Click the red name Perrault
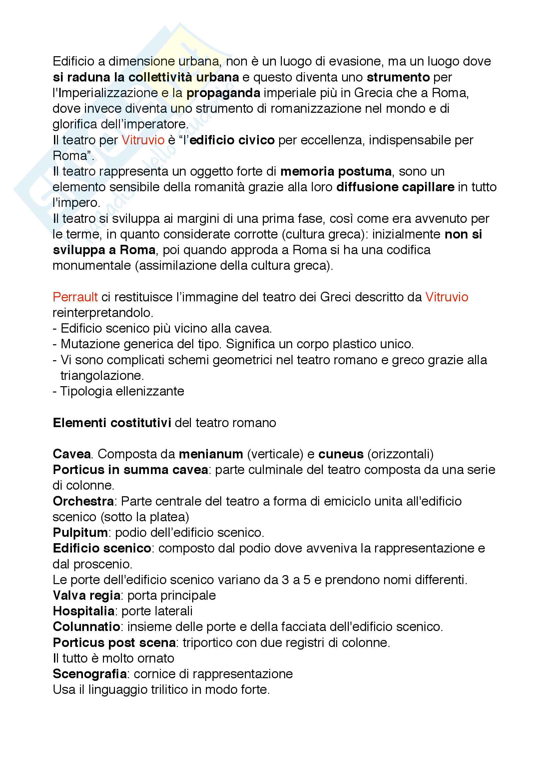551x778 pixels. [75, 297]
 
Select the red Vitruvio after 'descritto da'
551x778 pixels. [446, 297]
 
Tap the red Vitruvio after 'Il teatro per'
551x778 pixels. [143, 140]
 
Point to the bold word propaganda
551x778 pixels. [223, 93]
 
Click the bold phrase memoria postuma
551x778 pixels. [336, 171]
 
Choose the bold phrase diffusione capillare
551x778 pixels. [395, 187]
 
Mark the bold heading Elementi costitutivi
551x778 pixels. [112, 422]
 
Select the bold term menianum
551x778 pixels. [211, 454]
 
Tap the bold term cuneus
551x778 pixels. [341, 454]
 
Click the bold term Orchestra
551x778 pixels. [84, 501]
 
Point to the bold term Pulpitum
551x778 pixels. [80, 532]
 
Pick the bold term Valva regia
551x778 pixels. [87, 595]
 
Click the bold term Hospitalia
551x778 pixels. [84, 611]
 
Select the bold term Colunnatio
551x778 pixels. [87, 627]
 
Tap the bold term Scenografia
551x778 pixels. [90, 674]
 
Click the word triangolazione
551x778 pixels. [102, 376]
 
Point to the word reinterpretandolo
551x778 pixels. [103, 312]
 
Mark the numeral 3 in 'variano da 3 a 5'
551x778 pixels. [285, 580]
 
